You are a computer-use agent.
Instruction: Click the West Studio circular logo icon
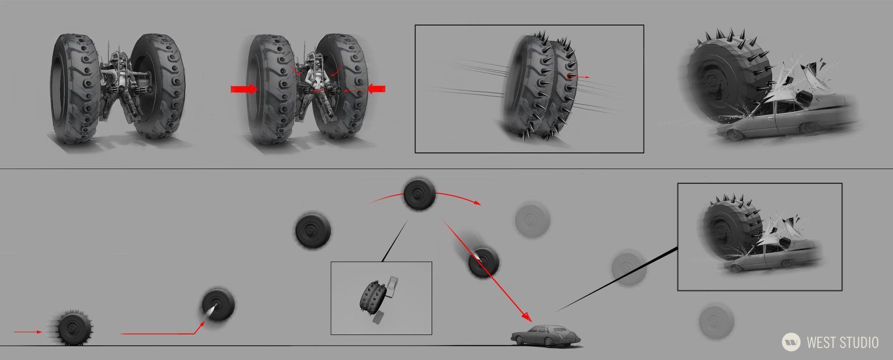tap(791, 342)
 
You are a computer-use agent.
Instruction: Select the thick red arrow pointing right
tap(244, 89)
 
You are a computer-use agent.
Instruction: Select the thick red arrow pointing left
tap(376, 89)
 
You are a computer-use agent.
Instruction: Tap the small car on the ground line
tap(546, 336)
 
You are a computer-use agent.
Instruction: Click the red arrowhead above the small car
tap(527, 317)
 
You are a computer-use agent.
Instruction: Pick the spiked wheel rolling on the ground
tap(74, 328)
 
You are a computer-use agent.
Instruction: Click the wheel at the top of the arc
tap(419, 194)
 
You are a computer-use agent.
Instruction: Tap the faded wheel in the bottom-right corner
tap(716, 321)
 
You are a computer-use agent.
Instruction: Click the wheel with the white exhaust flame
tap(218, 305)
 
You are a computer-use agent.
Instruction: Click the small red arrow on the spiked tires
tap(579, 77)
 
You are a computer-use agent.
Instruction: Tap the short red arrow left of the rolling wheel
tap(27, 331)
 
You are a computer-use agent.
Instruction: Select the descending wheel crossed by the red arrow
tap(483, 262)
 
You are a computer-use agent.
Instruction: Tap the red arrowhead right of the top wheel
tap(476, 202)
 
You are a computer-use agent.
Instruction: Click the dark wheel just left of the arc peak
tap(313, 231)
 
